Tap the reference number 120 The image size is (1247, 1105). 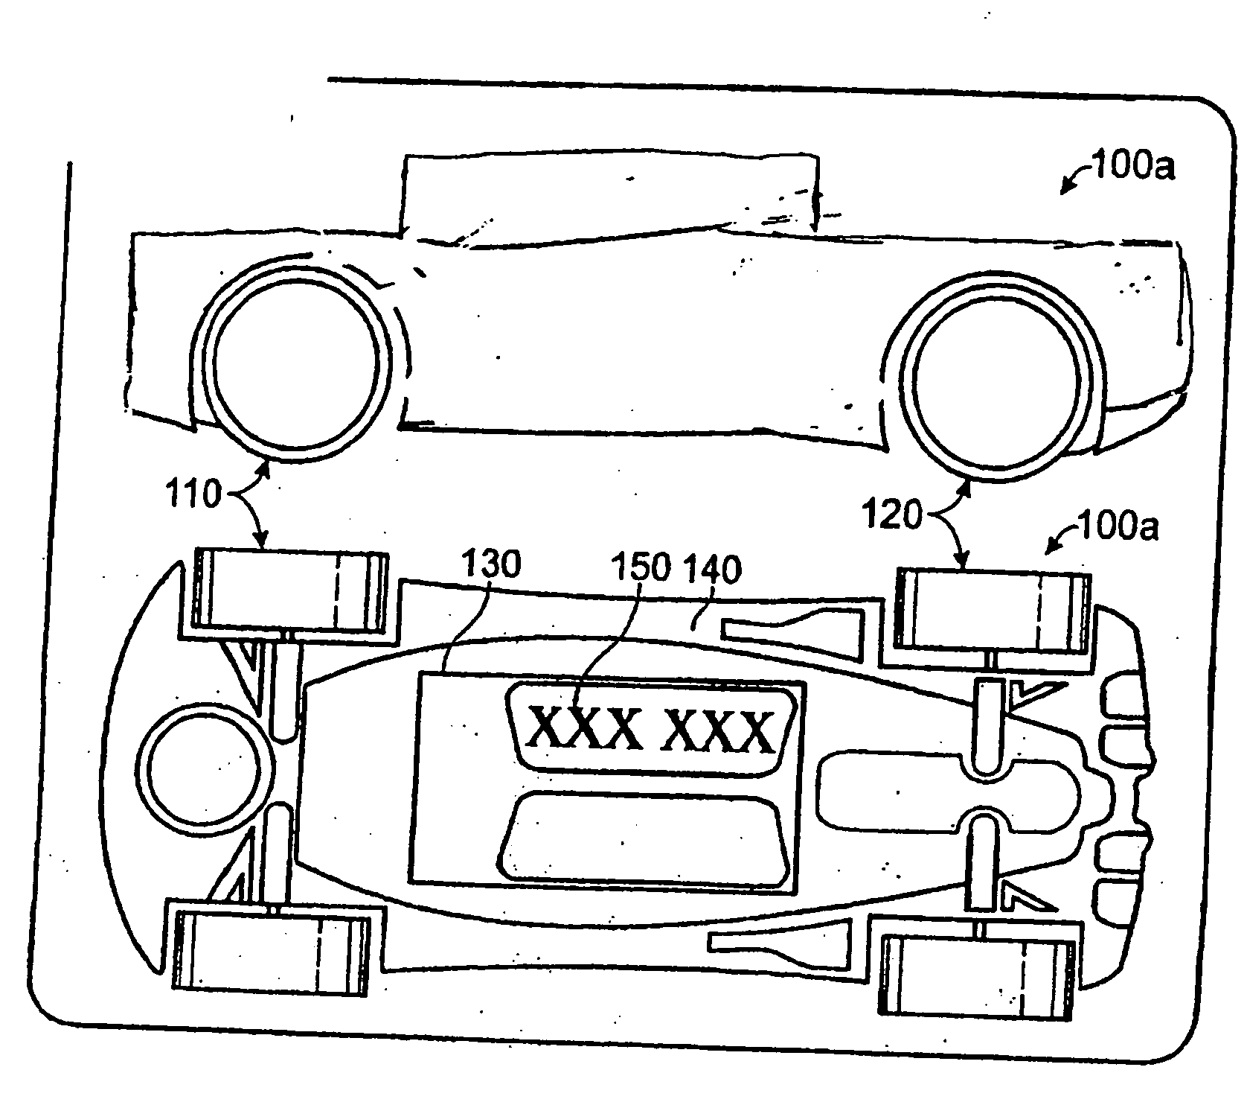892,514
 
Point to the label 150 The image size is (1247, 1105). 641,568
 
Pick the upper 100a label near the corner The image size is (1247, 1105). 1132,166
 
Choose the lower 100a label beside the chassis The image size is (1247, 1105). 1117,527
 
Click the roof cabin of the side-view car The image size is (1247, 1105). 610,195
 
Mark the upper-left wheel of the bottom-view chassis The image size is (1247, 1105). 290,589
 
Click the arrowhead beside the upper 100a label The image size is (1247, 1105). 1068,187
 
